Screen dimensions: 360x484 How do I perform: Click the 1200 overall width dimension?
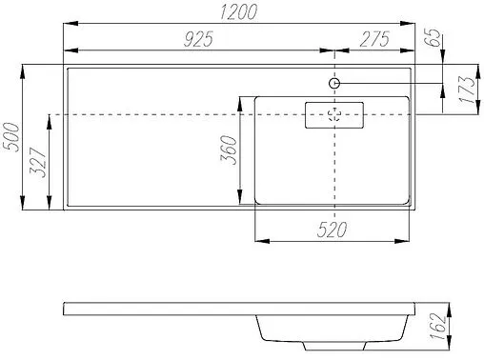click(x=238, y=12)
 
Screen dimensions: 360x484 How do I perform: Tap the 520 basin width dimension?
click(x=333, y=230)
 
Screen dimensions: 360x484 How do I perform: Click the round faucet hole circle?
click(x=334, y=84)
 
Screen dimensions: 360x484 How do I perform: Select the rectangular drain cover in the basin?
click(x=333, y=115)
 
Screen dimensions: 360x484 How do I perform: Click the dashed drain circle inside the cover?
click(x=334, y=115)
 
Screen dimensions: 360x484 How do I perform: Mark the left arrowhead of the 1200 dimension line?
click(x=67, y=24)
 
